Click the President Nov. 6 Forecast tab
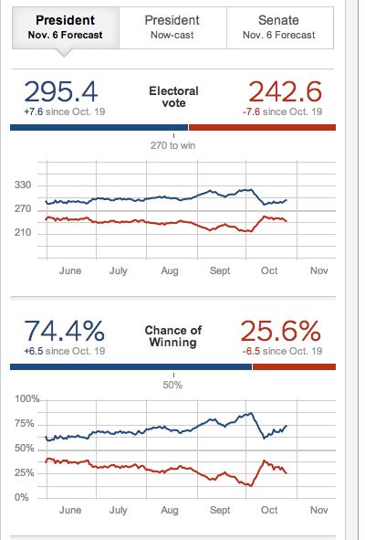65,26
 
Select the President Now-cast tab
172,26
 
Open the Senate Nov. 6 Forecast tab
278,26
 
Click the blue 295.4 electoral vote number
61,93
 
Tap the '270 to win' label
172,144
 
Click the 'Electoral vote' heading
173,97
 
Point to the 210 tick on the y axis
22,233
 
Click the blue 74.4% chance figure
64,332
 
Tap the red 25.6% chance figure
281,332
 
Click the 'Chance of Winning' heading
173,335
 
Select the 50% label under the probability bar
172,385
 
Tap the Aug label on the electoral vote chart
169,271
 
